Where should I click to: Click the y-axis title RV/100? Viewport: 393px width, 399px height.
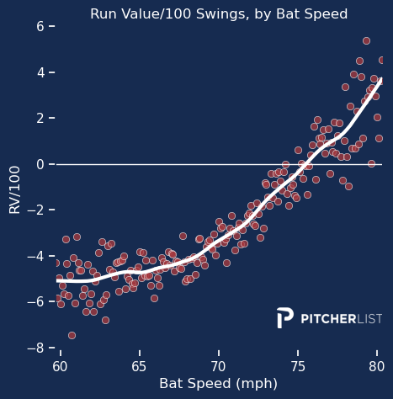[14, 188]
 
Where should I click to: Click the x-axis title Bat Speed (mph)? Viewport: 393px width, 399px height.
[218, 384]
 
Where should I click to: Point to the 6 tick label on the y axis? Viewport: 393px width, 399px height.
[40, 27]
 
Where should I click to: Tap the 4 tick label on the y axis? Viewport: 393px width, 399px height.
[40, 72]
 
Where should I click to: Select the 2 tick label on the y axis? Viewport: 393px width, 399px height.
[40, 119]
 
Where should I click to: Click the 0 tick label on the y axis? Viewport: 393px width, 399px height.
[40, 164]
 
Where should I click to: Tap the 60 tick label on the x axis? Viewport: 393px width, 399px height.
[60, 366]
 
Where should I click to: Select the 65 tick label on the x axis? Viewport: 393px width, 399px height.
[139, 366]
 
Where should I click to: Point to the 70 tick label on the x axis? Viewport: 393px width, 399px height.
[219, 366]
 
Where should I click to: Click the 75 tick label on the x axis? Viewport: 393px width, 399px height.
[298, 366]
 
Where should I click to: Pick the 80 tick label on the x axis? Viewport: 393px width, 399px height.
[377, 366]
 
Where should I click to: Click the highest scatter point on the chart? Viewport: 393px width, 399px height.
[366, 40]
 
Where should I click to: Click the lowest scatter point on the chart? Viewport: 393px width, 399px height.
[72, 335]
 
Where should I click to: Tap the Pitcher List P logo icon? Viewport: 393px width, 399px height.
[285, 318]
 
